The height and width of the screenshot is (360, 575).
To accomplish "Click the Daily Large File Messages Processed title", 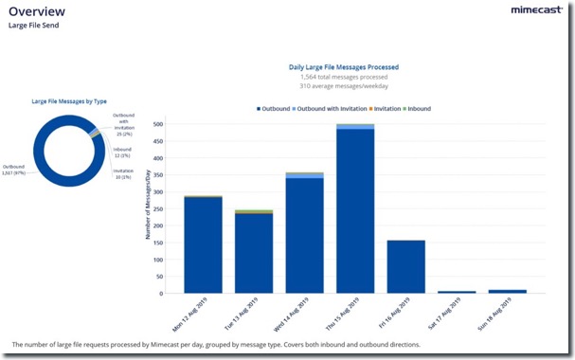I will (x=343, y=67).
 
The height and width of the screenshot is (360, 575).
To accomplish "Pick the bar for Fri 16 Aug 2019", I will (x=406, y=266).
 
